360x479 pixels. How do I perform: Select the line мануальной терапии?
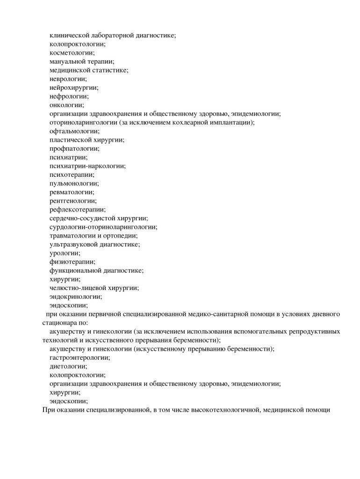[x=82, y=61]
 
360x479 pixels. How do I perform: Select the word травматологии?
[x=73, y=236]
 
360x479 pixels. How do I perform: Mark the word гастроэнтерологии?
[x=79, y=357]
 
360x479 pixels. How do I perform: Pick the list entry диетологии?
[x=68, y=366]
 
